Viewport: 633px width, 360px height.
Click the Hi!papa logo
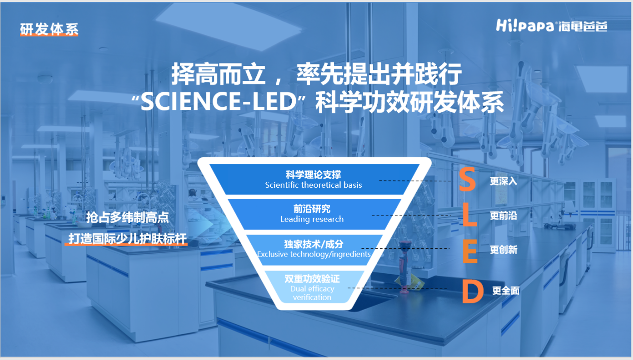coord(552,25)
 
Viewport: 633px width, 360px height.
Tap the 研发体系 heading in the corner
coord(49,29)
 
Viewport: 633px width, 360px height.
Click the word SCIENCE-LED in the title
coord(218,102)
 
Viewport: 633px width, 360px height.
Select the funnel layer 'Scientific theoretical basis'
coord(314,180)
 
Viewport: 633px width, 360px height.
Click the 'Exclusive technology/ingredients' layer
coord(314,250)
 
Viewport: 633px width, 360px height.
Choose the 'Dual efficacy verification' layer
coord(312,287)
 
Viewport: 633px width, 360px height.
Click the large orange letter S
coord(467,179)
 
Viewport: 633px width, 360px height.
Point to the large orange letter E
coord(470,251)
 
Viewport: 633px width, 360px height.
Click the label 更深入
coord(503,181)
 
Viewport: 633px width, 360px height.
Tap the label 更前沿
coord(503,216)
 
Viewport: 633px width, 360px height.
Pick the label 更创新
coord(503,250)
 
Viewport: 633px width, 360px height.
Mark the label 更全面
coord(506,291)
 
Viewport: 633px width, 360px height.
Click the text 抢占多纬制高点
coord(127,217)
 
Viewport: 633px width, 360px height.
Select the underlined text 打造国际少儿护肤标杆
coord(127,239)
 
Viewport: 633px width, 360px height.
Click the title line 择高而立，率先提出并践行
coord(317,74)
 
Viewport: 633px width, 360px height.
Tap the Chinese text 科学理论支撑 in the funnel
coord(313,174)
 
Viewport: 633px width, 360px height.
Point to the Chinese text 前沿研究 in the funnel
coord(312,209)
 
